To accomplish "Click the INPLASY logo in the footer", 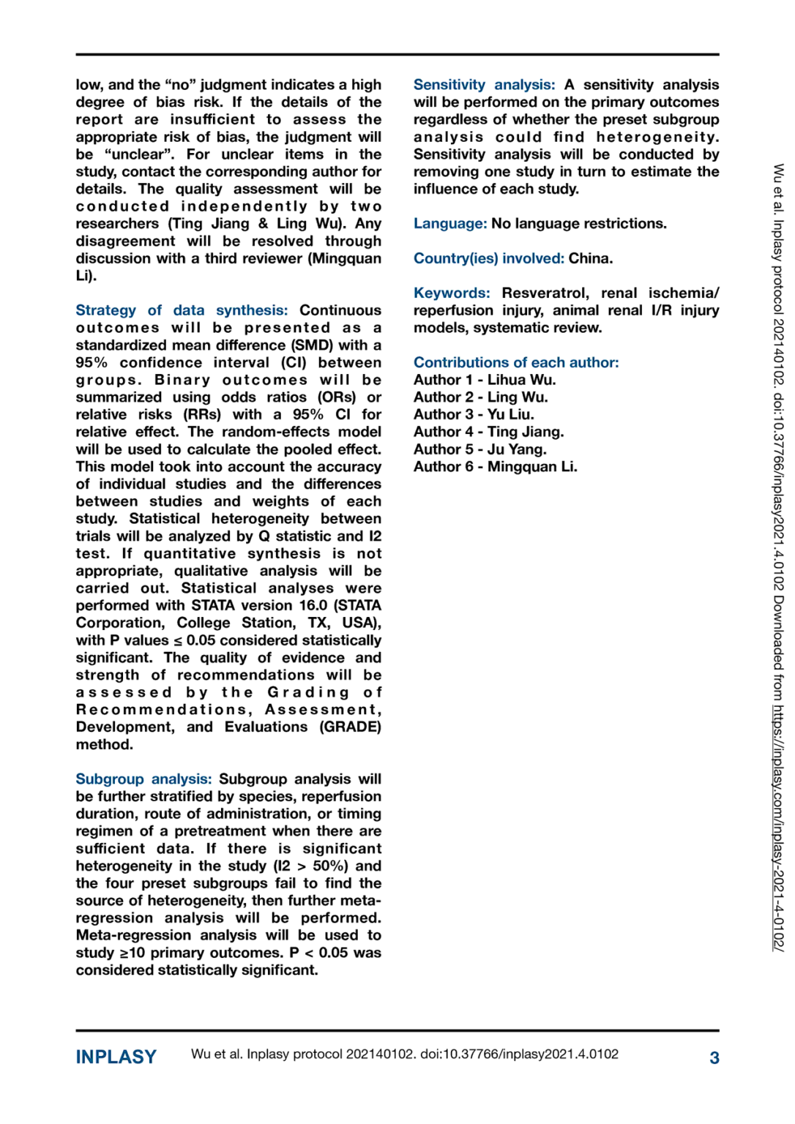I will pos(116,1057).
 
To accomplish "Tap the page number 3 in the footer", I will pos(714,1057).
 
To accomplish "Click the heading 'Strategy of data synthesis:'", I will pos(182,310).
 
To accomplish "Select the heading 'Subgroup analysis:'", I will pos(143,779).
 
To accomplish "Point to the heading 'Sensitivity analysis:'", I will pos(484,85).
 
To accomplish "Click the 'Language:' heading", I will pos(449,223).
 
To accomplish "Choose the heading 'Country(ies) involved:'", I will pos(488,258).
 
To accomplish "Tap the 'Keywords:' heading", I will pos(451,293).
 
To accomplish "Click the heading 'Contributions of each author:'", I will pos(515,362).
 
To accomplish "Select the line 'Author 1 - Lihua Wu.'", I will pos(484,380).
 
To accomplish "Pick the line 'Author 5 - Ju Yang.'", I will pos(479,449).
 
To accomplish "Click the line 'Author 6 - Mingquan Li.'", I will pos(495,467).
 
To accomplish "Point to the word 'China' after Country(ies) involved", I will pos(589,258).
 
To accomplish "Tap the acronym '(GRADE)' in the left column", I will pos(350,727).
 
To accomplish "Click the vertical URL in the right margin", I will pos(778,827).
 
